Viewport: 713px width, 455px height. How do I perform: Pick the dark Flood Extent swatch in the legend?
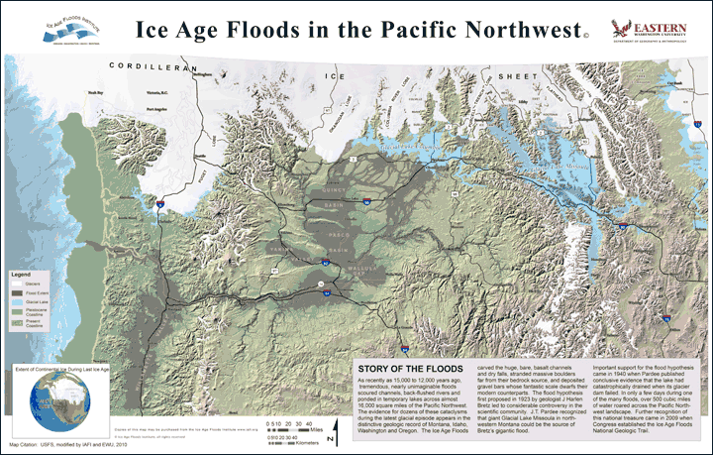coord(17,293)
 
